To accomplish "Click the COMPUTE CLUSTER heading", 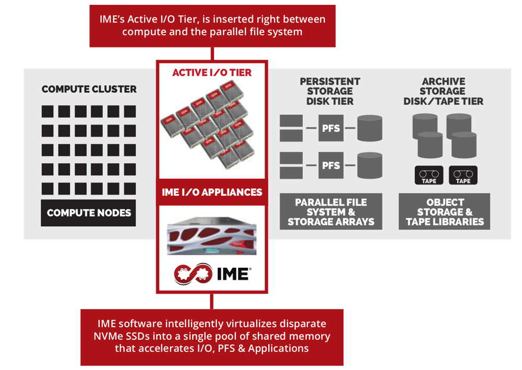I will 89,89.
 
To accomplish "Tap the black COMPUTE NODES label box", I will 88,213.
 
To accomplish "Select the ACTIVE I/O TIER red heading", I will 212,73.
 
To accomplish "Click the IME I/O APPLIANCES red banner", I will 212,192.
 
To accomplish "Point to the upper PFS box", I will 330,128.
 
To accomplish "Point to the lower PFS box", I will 330,166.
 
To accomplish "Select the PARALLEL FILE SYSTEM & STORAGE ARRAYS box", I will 330,211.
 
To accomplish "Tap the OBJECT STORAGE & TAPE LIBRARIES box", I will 445,211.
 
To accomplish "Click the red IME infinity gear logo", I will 193,273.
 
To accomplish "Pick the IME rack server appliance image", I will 211,237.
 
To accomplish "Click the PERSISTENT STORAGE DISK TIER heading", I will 330,91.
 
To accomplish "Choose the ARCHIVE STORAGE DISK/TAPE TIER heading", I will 443,91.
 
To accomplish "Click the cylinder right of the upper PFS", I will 370,128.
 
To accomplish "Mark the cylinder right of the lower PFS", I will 370,166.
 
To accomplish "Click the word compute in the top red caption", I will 144,31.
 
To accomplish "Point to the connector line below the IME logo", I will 212,301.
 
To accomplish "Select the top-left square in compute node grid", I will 48,111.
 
